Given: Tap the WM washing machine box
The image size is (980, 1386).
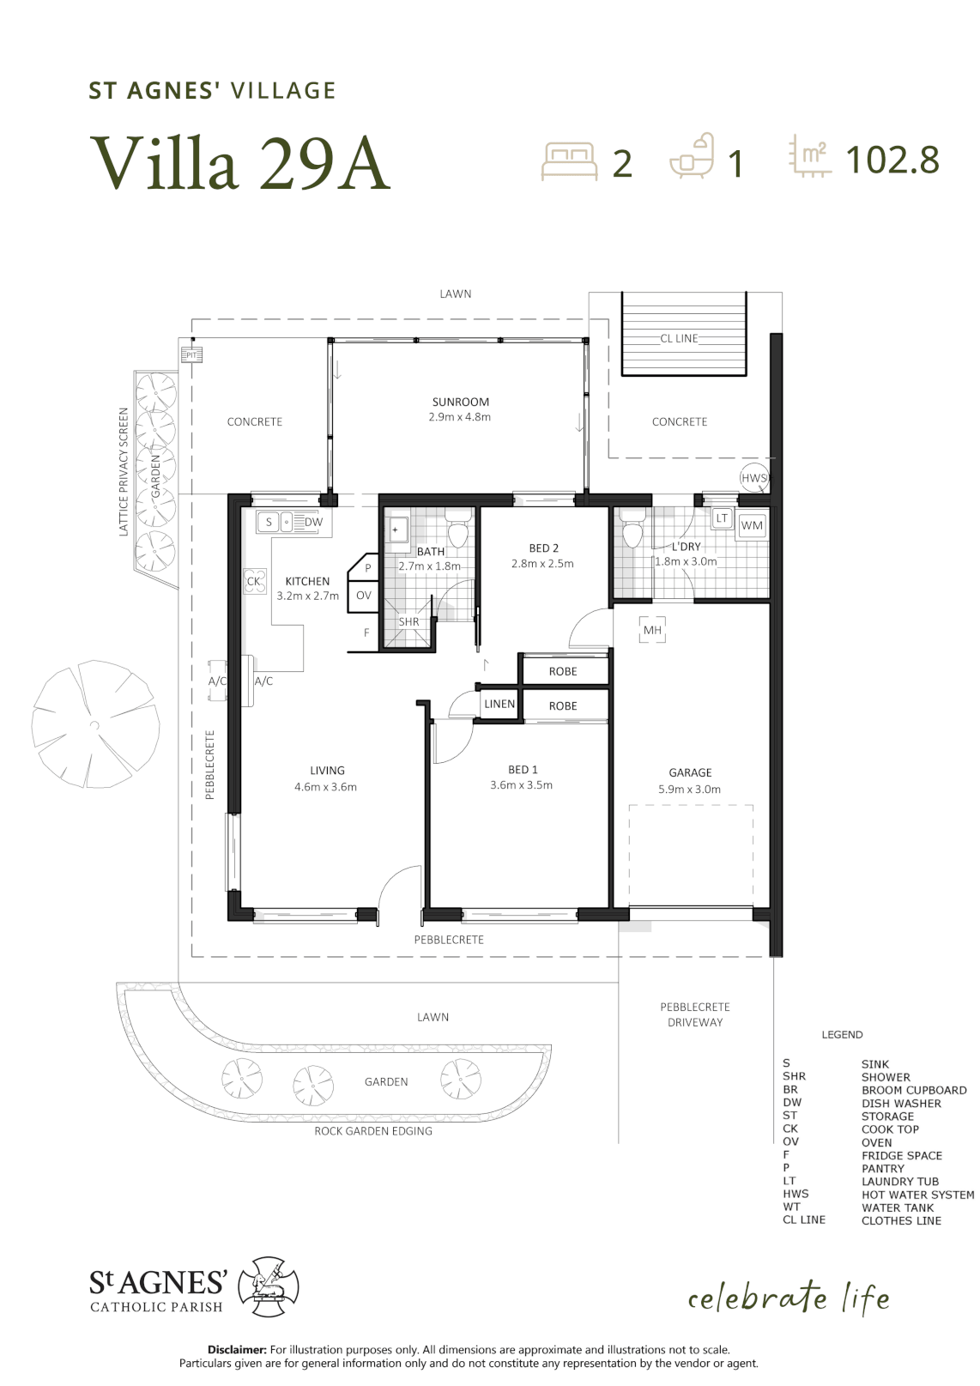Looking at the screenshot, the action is (752, 526).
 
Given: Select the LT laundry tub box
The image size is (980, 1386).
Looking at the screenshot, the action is (722, 517).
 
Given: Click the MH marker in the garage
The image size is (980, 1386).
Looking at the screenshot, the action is (652, 630).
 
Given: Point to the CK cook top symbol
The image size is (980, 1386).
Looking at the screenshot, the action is (254, 581).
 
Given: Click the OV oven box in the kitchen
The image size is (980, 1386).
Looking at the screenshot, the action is (363, 596).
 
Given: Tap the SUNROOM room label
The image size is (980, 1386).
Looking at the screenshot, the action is (460, 402).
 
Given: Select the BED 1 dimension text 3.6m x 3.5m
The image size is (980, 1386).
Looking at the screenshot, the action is (521, 785).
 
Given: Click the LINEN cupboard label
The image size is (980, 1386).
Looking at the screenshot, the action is (499, 704).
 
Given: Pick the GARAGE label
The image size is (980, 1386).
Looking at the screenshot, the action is (690, 772).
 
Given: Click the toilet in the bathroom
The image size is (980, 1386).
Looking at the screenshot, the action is (458, 530).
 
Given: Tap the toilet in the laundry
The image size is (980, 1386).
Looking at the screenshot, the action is (632, 530).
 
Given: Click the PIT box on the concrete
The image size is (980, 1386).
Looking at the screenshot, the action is (191, 355).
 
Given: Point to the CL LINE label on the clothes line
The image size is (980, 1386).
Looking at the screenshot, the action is (679, 338).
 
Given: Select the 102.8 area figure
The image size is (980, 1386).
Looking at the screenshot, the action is (892, 160).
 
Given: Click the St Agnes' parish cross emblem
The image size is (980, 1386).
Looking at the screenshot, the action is (269, 1286).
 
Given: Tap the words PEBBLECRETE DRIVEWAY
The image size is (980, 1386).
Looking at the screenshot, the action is (695, 1014).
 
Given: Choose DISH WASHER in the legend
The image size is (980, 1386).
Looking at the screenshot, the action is (901, 1104).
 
